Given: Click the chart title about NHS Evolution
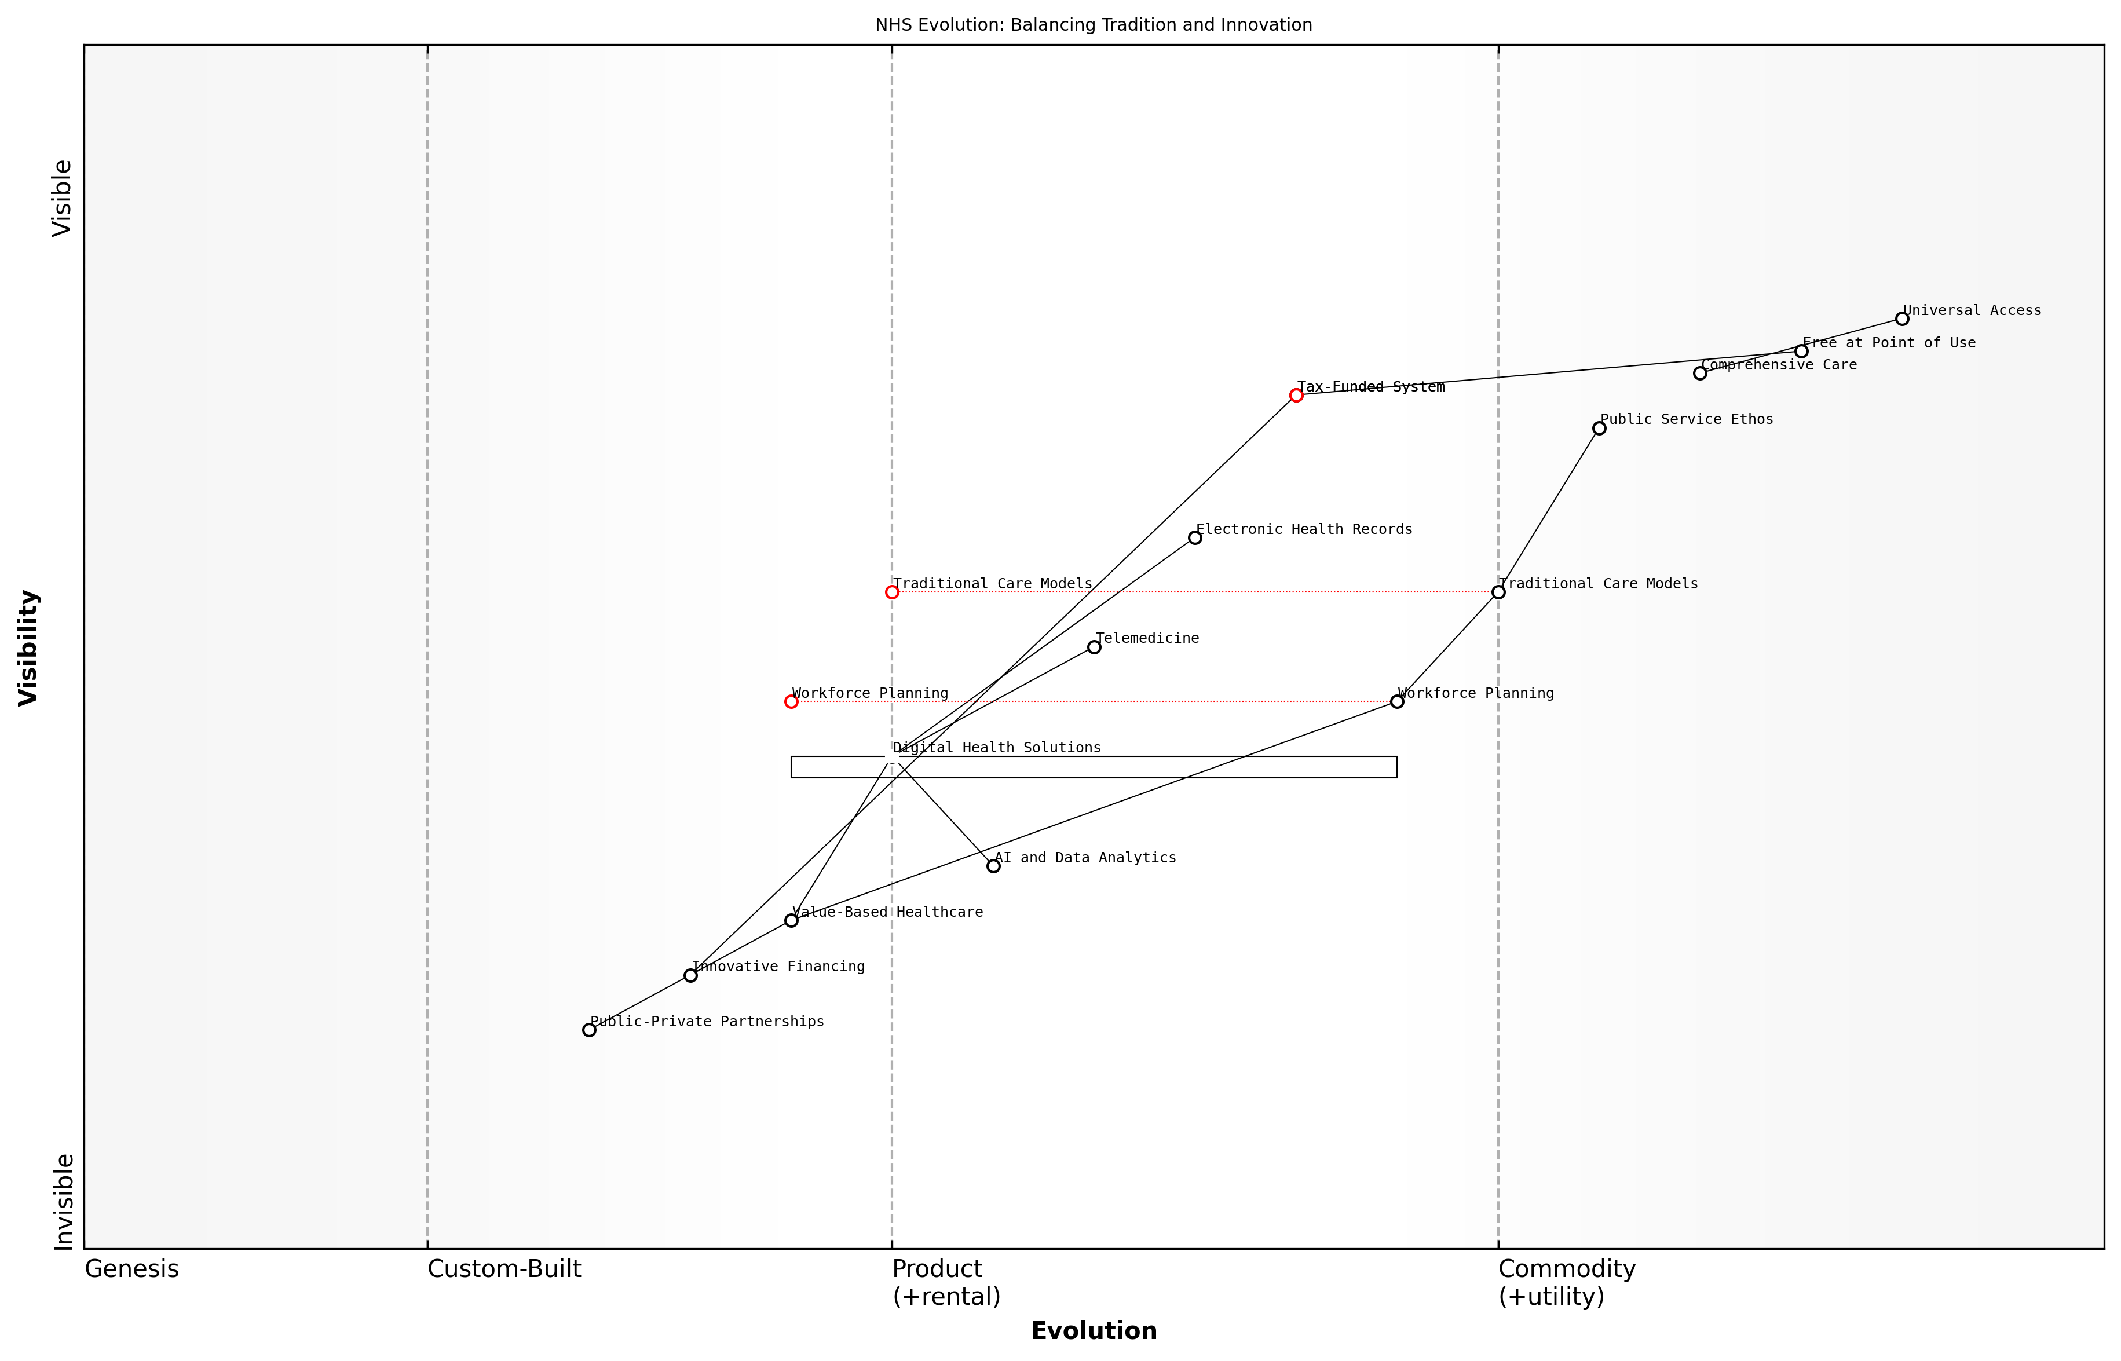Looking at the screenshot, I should pyautogui.click(x=1093, y=25).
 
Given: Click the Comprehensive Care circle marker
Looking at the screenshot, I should pyautogui.click(x=1699, y=373).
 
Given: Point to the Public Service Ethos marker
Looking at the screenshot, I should pyautogui.click(x=1599, y=429).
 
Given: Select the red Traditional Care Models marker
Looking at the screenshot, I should pyautogui.click(x=892, y=592).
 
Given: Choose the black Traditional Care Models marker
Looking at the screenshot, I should pyautogui.click(x=1498, y=592).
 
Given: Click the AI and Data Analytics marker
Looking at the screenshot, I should pyautogui.click(x=993, y=866).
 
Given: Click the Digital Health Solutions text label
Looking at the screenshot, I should pyautogui.click(x=997, y=748).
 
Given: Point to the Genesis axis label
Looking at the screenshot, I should pyautogui.click(x=131, y=1269).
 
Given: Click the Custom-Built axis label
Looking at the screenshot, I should pyautogui.click(x=504, y=1269).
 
